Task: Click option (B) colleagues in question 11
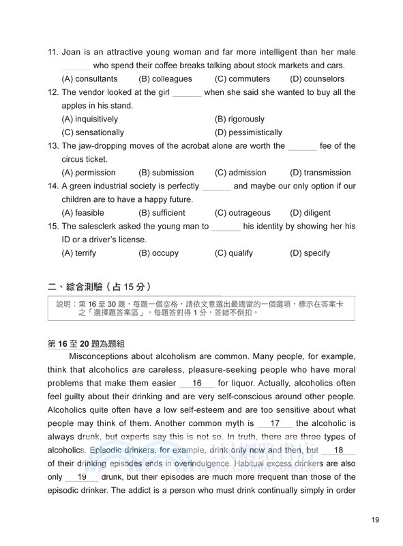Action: pyautogui.click(x=165, y=79)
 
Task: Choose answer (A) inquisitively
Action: pyautogui.click(x=89, y=119)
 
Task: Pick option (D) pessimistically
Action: pyautogui.click(x=248, y=132)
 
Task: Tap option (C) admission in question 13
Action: pyautogui.click(x=240, y=173)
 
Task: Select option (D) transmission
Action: pyautogui.click(x=320, y=173)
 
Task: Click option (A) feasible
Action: pyautogui.click(x=83, y=213)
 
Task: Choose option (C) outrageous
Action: pyautogui.click(x=242, y=213)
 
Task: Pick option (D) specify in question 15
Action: pyautogui.click(x=310, y=253)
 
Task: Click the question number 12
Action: pyautogui.click(x=53, y=92)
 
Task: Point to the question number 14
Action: pyautogui.click(x=53, y=186)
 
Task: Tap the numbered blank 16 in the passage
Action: pyautogui.click(x=198, y=384)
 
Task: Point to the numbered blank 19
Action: pyautogui.click(x=83, y=477)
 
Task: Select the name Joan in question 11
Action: pyautogui.click(x=72, y=52)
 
